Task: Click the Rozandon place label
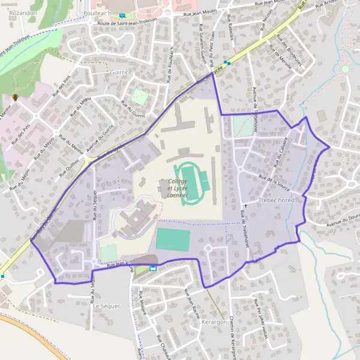[x=23, y=12]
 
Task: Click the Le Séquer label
[x=106, y=306]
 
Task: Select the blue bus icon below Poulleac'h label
[x=123, y=16]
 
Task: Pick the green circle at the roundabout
[x=346, y=70]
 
